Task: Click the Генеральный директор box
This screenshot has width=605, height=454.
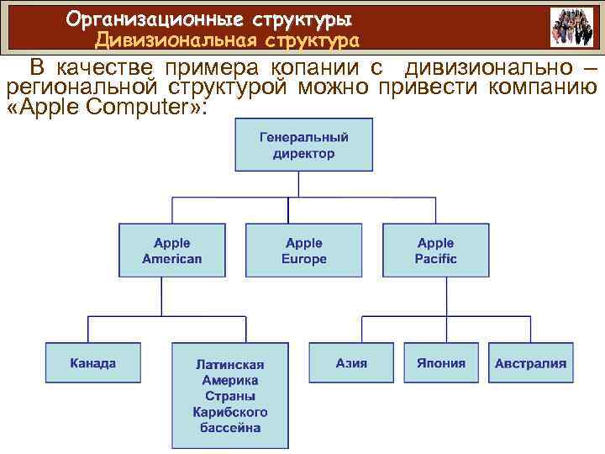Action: point(303,145)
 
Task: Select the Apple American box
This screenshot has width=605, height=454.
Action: point(171,251)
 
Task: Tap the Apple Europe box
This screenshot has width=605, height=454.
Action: point(303,251)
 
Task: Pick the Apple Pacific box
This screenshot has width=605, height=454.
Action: point(435,251)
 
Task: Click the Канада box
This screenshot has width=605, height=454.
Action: point(92,363)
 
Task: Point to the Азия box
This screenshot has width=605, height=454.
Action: point(351,363)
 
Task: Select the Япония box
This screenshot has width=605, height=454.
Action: point(440,363)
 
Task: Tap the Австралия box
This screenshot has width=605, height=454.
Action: point(530,363)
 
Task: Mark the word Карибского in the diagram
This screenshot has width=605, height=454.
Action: point(229,412)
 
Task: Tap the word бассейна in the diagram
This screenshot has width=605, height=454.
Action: point(229,427)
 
